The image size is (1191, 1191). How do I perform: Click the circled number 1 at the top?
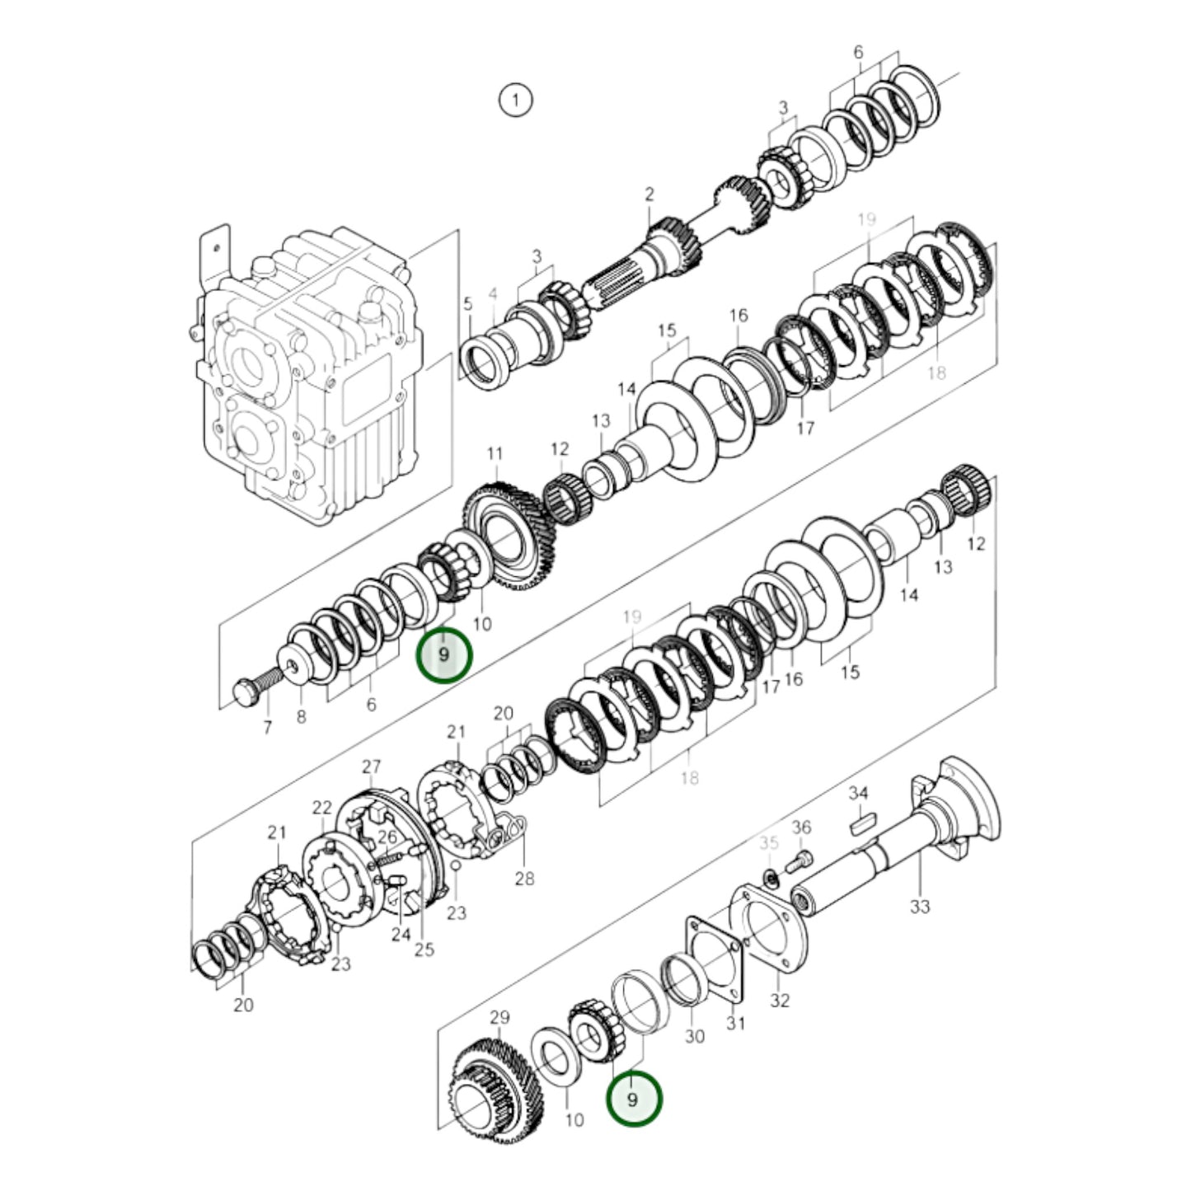pos(516,101)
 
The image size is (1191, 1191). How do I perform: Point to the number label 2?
pos(649,195)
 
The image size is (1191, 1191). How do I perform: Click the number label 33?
pos(920,906)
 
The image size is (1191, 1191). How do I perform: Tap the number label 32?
pos(780,1000)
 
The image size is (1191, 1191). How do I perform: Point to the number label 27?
pos(371,767)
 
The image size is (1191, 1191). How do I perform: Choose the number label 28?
pos(524,879)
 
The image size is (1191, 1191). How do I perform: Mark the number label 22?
pos(322,808)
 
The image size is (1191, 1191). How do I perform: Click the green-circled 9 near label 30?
pos(633,1100)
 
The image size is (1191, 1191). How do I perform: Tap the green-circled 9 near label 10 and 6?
pos(444,655)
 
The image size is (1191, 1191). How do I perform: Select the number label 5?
pos(468,304)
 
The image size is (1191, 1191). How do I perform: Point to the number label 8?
pos(301,717)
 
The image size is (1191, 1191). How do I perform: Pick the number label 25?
pos(424,950)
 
